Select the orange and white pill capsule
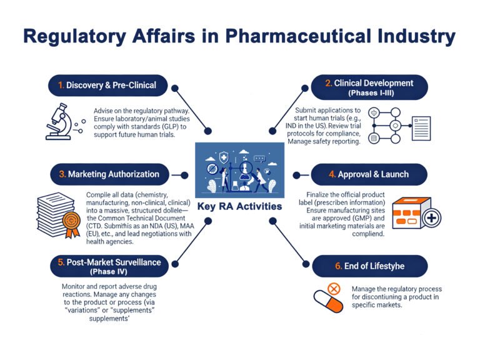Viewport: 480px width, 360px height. [x=328, y=302]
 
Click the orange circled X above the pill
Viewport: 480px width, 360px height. [x=334, y=289]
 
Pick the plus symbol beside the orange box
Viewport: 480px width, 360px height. [x=431, y=218]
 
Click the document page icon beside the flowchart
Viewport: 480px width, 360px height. [x=421, y=128]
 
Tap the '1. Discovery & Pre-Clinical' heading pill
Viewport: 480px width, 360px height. [x=107, y=86]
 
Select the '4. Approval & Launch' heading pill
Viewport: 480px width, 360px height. [x=369, y=174]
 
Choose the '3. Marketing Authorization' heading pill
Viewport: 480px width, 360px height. [x=109, y=174]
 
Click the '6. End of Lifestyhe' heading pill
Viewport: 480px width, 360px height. [x=370, y=266]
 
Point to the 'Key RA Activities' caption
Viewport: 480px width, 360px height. [x=240, y=206]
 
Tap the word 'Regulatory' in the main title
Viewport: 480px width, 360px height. [x=74, y=37]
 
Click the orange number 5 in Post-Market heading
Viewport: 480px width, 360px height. [x=61, y=262]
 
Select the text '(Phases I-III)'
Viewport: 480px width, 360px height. [x=371, y=92]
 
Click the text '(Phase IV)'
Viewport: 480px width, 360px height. [x=109, y=271]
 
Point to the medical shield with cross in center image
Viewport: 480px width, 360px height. [x=224, y=158]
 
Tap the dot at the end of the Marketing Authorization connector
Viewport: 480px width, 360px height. [x=184, y=175]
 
